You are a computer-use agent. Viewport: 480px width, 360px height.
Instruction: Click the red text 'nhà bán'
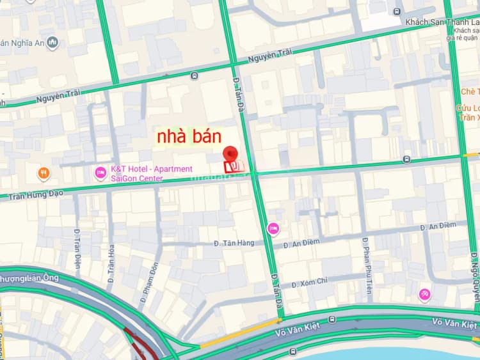pyautogui.click(x=189, y=136)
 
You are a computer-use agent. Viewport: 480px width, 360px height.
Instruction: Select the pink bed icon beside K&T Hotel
pyautogui.click(x=100, y=172)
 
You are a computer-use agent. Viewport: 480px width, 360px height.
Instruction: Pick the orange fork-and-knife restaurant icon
pyautogui.click(x=43, y=172)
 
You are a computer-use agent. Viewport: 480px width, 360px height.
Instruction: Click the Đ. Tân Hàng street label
pyautogui.click(x=234, y=243)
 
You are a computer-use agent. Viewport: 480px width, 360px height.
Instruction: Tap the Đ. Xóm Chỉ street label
pyautogui.click(x=309, y=281)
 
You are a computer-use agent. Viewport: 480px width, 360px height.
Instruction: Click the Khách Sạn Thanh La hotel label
pyautogui.click(x=442, y=22)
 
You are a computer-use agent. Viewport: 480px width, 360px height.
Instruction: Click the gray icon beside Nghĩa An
pyautogui.click(x=52, y=43)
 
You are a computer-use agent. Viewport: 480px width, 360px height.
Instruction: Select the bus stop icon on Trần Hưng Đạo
pyautogui.click(x=405, y=159)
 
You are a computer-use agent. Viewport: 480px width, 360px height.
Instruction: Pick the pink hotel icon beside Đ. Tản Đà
pyautogui.click(x=273, y=228)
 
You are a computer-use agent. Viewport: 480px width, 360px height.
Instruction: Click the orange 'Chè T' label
pyautogui.click(x=470, y=92)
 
